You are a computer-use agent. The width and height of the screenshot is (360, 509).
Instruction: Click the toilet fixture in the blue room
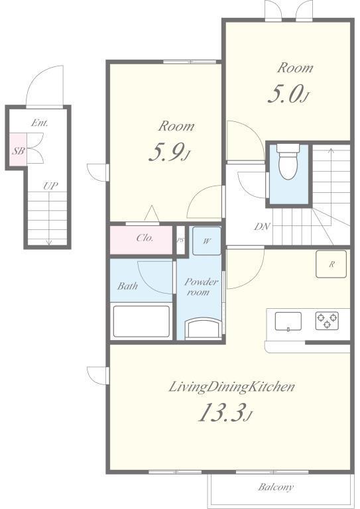(288, 162)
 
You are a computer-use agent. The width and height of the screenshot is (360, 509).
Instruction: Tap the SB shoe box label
(18, 151)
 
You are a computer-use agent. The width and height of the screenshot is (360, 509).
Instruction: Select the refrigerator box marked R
(331, 264)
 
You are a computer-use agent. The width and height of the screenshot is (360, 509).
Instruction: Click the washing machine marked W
(207, 241)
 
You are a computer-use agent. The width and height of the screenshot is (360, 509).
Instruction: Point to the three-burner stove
(327, 321)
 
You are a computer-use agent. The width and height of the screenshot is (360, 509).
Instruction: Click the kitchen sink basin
(288, 321)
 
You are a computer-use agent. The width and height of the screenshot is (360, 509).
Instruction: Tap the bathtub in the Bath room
(141, 321)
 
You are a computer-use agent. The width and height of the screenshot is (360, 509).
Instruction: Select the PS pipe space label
(180, 241)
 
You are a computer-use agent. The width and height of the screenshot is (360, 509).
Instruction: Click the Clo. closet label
(145, 238)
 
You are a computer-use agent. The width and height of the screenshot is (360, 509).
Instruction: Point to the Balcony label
(276, 487)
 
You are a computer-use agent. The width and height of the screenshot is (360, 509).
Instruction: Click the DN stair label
(262, 227)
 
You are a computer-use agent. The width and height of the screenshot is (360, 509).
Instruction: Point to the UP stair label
(50, 186)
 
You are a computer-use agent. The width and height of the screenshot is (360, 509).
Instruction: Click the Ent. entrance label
(40, 123)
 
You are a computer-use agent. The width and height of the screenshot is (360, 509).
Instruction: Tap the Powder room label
(201, 286)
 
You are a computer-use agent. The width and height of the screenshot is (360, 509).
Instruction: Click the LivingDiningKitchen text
(232, 387)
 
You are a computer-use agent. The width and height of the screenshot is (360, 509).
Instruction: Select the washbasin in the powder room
(204, 329)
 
